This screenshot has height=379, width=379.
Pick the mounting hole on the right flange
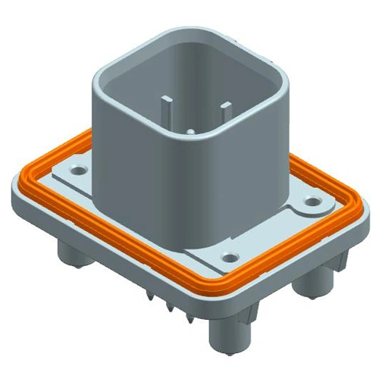pos(312,203)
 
